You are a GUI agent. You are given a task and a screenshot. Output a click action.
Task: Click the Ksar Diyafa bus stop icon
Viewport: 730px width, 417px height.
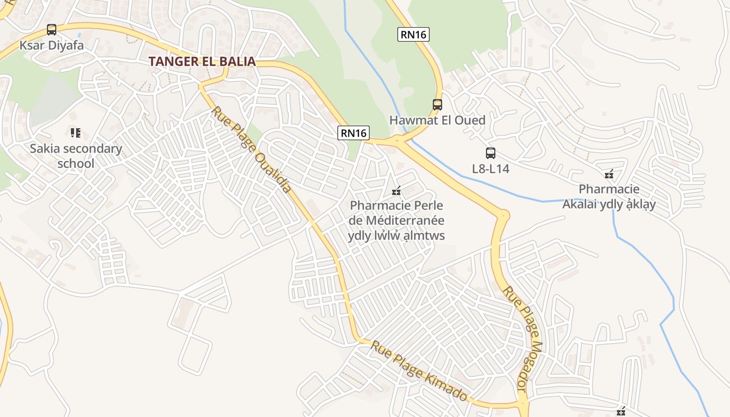tap(51, 30)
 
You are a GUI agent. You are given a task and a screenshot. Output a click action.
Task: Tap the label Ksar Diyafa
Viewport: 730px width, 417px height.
tap(52, 45)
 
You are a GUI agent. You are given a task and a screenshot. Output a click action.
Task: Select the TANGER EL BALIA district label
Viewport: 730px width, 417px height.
tap(202, 62)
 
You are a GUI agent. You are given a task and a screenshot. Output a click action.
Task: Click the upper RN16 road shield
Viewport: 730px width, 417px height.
tap(413, 35)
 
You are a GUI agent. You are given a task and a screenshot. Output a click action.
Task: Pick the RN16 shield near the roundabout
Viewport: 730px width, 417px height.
tap(354, 133)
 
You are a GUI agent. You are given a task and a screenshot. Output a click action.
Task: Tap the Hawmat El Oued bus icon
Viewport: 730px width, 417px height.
tap(437, 105)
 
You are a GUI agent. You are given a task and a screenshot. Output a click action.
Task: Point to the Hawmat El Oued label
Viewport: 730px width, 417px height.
tap(437, 120)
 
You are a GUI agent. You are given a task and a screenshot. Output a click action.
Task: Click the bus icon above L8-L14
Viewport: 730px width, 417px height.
tap(490, 153)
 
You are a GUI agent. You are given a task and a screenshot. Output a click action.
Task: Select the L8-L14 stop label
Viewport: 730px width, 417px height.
tap(490, 169)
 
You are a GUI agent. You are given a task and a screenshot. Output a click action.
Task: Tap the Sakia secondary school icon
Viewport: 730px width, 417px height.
tap(76, 133)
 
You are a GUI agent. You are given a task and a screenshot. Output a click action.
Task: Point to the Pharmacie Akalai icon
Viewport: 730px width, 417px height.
tap(609, 174)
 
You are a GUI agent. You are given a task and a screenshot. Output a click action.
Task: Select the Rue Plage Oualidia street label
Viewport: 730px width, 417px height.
tap(251, 150)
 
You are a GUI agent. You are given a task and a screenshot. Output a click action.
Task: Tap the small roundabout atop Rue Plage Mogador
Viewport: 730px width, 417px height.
tap(503, 214)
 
